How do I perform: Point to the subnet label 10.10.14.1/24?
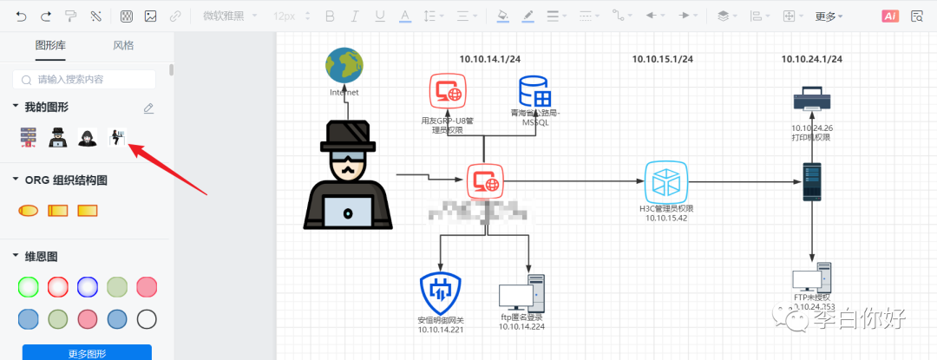pos(489,59)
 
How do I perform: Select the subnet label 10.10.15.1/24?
pos(662,59)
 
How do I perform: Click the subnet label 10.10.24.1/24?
pos(811,59)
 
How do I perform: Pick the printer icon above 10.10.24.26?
pos(812,95)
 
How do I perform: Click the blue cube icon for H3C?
pos(665,181)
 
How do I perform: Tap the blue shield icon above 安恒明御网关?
pos(441,292)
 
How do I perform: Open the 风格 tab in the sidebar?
pos(123,46)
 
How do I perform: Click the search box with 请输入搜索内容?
pos(84,79)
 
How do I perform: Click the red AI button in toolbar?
pos(890,16)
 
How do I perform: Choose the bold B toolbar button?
pos(329,16)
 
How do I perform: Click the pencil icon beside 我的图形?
pos(148,108)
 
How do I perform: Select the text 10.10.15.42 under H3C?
pos(665,218)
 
